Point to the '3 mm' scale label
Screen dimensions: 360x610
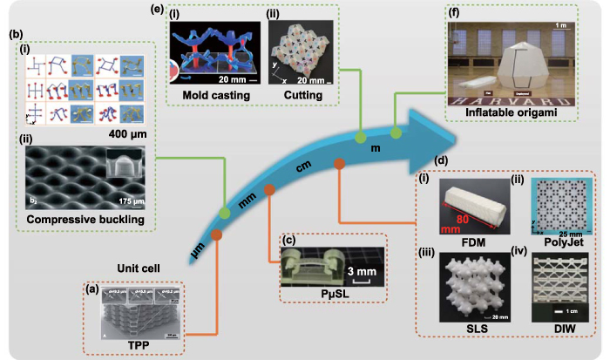tap(357, 269)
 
